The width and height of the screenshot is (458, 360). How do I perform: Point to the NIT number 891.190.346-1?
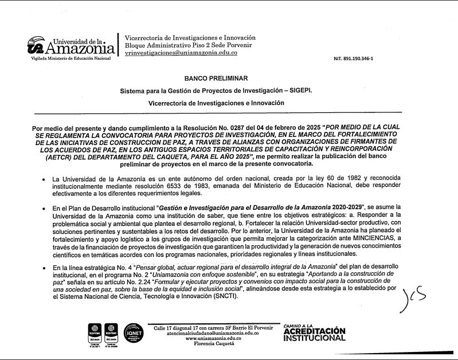pos(353,58)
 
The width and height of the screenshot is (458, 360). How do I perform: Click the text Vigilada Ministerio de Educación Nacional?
pos(71,59)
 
